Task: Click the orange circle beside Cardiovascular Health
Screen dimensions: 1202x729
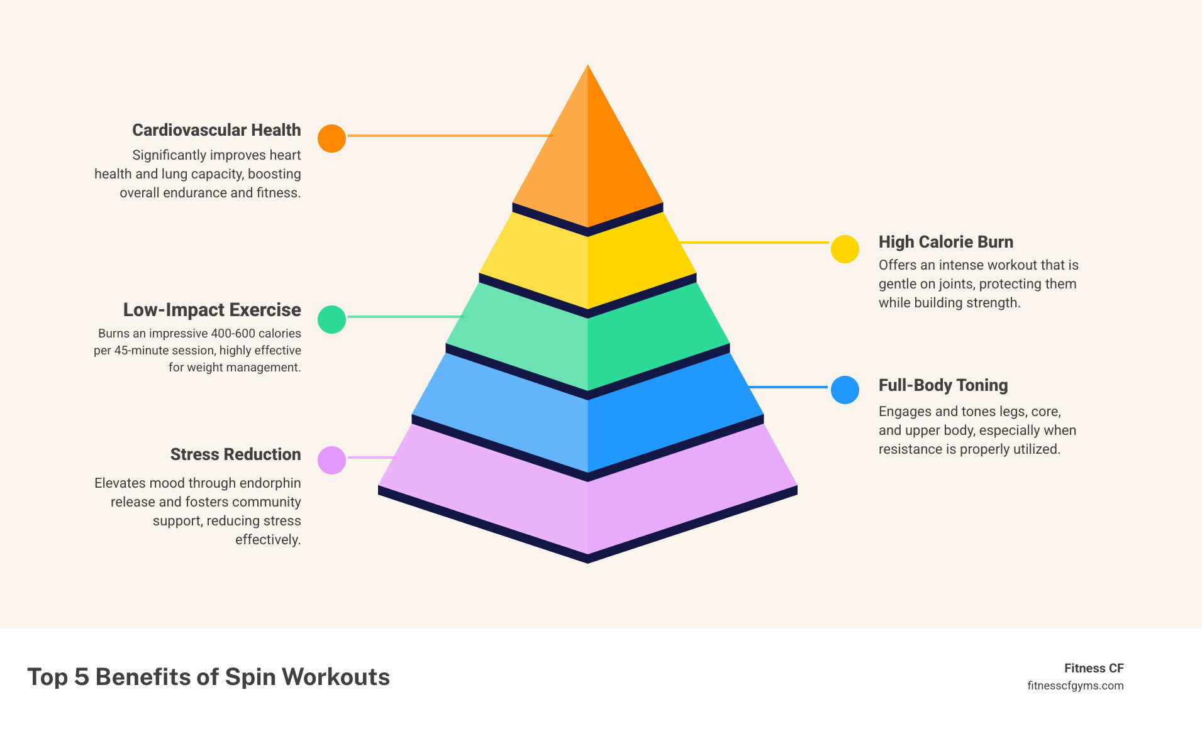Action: pos(331,138)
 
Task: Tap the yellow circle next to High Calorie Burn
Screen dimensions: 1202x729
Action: pos(845,249)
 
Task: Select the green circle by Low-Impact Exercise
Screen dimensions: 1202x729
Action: pos(331,319)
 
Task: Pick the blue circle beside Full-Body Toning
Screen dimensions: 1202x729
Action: pos(845,390)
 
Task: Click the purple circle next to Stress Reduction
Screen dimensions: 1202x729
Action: pos(331,460)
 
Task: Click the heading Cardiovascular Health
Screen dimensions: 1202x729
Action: pos(216,130)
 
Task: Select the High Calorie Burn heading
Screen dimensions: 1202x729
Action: pos(945,242)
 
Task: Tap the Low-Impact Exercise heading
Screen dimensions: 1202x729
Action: pos(212,310)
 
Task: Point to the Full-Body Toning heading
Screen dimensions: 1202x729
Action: pos(943,385)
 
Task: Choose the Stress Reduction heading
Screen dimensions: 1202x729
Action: pos(235,454)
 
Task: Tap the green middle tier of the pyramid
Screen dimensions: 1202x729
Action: pos(587,343)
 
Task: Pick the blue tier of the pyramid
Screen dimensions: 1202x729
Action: pos(587,421)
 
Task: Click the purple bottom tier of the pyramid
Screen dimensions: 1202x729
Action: pos(587,503)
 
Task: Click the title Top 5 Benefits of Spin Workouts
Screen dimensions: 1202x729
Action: pos(208,677)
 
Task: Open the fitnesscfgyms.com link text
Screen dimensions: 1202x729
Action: pos(1075,686)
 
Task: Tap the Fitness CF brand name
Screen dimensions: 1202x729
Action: pos(1093,668)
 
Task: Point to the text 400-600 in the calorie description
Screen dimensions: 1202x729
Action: pos(233,334)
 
